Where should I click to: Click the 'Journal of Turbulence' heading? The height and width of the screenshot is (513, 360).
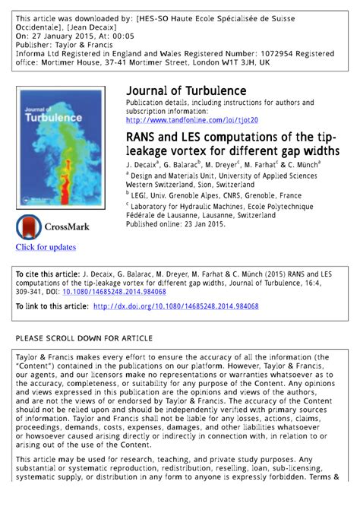(186, 91)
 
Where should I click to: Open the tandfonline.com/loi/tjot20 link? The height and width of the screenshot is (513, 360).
(191, 120)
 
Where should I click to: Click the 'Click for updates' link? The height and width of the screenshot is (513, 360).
(46, 247)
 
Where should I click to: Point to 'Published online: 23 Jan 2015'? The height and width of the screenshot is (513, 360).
(175, 225)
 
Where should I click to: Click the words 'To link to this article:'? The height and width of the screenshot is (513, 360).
(52, 306)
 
